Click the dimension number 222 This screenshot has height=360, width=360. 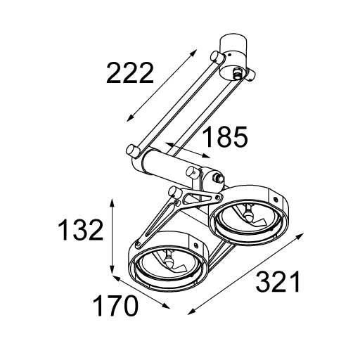click(130, 73)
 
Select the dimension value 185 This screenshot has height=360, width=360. click(225, 136)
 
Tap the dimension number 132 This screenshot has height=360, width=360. click(81, 230)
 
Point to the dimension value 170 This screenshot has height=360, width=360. click(115, 305)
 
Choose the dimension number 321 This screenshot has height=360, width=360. click(278, 281)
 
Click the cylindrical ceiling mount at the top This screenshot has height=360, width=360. click(233, 58)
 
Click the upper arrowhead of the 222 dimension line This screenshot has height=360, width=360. click(193, 53)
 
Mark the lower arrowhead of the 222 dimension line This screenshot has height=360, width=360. click(130, 118)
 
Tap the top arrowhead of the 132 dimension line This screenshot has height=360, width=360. click(112, 203)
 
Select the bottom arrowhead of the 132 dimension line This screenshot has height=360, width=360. click(112, 269)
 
